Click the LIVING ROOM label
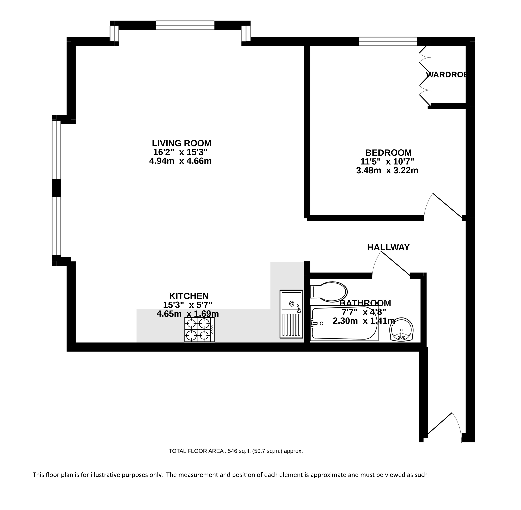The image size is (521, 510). tap(182, 143)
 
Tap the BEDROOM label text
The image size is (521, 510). tap(388, 152)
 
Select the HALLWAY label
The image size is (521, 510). tap(388, 247)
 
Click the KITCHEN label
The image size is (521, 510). tap(189, 296)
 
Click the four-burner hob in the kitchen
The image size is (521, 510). tap(199, 330)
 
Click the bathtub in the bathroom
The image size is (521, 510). tap(344, 323)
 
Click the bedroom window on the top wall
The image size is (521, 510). tap(388, 41)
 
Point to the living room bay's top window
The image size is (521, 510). tap(185, 25)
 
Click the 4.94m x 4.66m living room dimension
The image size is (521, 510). tap(180, 161)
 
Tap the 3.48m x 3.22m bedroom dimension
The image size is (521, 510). tap(387, 170)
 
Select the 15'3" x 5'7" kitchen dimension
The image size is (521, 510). tap(188, 305)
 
